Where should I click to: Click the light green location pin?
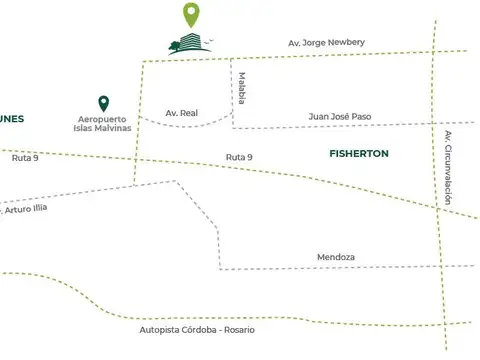click(x=191, y=13)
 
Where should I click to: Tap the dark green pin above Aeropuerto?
click(x=103, y=104)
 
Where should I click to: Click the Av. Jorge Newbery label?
click(x=327, y=42)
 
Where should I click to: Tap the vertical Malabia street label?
click(x=242, y=87)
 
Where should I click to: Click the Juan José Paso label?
click(x=339, y=117)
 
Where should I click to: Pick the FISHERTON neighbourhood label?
click(x=358, y=154)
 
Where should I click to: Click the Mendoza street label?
click(x=337, y=257)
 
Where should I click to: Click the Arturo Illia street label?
click(x=24, y=210)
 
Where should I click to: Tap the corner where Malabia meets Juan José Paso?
click(x=233, y=127)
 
